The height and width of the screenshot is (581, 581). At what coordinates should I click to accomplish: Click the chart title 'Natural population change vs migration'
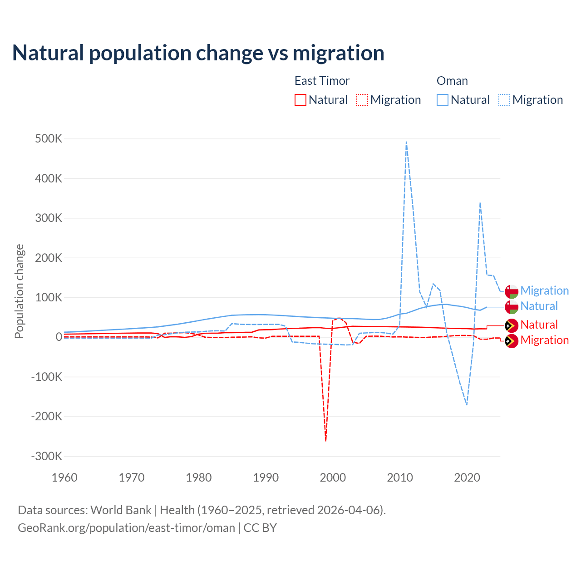[198, 53]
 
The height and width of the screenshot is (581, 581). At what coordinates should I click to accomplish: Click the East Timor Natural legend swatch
[300, 100]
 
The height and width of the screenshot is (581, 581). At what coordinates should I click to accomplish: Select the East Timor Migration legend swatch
[362, 100]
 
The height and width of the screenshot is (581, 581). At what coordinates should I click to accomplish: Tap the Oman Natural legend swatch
[442, 100]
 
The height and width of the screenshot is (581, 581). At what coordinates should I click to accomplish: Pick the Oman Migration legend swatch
[504, 100]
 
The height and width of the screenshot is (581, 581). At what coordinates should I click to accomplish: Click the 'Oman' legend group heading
[452, 81]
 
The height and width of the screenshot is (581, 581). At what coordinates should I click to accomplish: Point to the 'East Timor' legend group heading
[322, 81]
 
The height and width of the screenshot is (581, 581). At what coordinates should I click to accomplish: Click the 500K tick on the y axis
[49, 139]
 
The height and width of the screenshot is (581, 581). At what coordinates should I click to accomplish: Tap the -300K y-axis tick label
[46, 456]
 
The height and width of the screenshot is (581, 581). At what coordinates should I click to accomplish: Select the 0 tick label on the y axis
[59, 337]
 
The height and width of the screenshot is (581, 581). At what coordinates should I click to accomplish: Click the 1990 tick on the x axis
[266, 478]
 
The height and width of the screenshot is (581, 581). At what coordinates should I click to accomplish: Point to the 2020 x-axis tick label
[467, 478]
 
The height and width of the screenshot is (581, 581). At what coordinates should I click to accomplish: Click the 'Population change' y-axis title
[19, 291]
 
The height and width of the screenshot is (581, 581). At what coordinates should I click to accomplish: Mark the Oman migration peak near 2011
[406, 142]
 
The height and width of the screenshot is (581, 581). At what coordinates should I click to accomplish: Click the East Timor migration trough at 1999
[326, 440]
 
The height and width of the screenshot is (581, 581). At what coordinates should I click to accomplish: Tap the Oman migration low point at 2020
[467, 404]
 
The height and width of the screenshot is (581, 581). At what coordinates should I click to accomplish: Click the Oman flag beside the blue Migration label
[512, 291]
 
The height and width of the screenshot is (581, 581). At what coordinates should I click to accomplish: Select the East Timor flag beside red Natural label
[512, 325]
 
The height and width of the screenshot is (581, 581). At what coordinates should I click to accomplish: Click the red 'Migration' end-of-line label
[544, 340]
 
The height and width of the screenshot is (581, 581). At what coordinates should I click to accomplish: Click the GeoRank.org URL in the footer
[126, 528]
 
